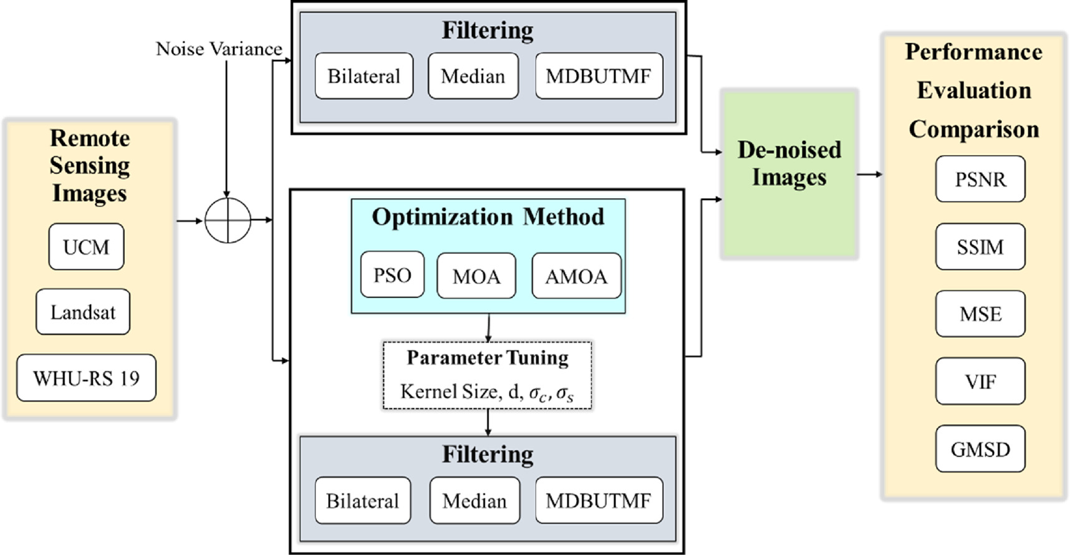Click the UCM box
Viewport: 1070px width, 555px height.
coord(86,247)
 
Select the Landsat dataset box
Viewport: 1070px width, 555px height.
coord(83,312)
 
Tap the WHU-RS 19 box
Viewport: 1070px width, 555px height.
coord(86,378)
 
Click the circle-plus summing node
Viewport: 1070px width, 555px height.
coord(228,220)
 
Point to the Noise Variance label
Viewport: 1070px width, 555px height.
coord(218,49)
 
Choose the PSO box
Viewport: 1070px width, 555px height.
coord(392,275)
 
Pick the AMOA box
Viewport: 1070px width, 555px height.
coord(576,276)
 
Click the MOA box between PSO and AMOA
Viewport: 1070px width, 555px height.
coord(476,276)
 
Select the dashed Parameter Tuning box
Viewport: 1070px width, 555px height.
coord(487,375)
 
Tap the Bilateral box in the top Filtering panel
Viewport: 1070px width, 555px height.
coord(364,76)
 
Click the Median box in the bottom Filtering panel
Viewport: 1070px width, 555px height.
coord(475,501)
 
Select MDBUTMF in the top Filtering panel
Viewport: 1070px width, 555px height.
coord(599,76)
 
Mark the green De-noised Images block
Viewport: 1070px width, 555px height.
coord(789,173)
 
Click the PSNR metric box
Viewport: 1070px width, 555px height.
coord(980,180)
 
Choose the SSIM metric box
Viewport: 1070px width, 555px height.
coord(980,247)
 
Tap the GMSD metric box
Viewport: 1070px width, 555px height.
coord(980,449)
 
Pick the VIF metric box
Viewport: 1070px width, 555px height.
coord(980,382)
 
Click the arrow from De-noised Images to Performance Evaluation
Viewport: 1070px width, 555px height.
coord(870,174)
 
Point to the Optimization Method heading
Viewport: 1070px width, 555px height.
coord(488,217)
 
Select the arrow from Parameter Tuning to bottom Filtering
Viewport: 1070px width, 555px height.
coord(488,422)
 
